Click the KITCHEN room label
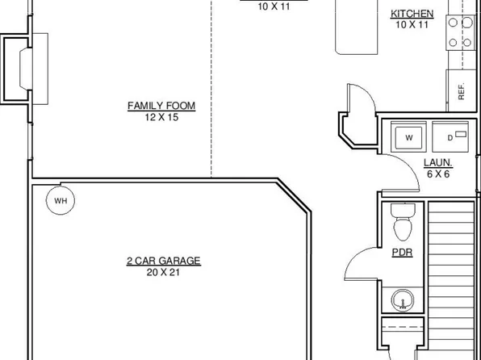coord(412,14)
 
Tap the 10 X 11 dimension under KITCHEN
coord(412,25)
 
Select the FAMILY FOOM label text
coord(161,106)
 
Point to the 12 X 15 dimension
coord(161,117)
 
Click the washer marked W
coord(409,138)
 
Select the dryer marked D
coord(450,137)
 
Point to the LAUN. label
coord(437,161)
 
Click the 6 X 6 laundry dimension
coord(437,173)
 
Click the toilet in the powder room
coord(401,221)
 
